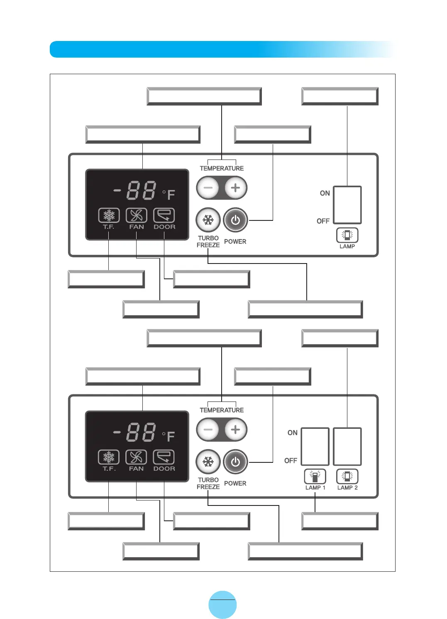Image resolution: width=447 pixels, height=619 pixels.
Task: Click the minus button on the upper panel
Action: [x=208, y=188]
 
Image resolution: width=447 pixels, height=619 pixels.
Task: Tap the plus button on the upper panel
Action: [x=235, y=188]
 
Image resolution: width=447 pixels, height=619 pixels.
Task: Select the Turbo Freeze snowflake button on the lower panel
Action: [x=208, y=462]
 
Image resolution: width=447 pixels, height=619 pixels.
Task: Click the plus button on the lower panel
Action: [x=235, y=430]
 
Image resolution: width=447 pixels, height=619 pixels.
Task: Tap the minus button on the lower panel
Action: [x=208, y=430]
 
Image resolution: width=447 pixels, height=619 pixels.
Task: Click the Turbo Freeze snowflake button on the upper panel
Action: [x=208, y=220]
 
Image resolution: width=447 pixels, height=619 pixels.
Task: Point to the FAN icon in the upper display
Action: [x=136, y=215]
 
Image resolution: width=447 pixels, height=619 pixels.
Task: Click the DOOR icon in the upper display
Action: [x=164, y=215]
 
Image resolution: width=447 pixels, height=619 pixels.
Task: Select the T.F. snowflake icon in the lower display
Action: [x=109, y=457]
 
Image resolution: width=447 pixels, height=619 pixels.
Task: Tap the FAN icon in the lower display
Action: [x=136, y=457]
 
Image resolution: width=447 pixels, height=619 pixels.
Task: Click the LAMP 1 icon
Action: [x=315, y=476]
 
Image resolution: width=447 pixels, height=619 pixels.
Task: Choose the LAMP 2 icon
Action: [x=347, y=476]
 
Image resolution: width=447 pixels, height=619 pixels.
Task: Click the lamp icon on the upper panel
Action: [x=347, y=235]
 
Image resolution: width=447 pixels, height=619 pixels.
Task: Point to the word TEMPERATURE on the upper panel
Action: [x=222, y=168]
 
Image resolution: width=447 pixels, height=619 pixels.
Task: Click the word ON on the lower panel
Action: [x=293, y=433]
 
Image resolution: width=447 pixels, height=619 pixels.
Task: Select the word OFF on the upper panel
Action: [x=323, y=221]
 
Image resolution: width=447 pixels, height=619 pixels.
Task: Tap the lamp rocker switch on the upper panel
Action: [x=347, y=205]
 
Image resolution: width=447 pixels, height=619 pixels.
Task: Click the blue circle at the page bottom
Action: [x=222, y=604]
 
